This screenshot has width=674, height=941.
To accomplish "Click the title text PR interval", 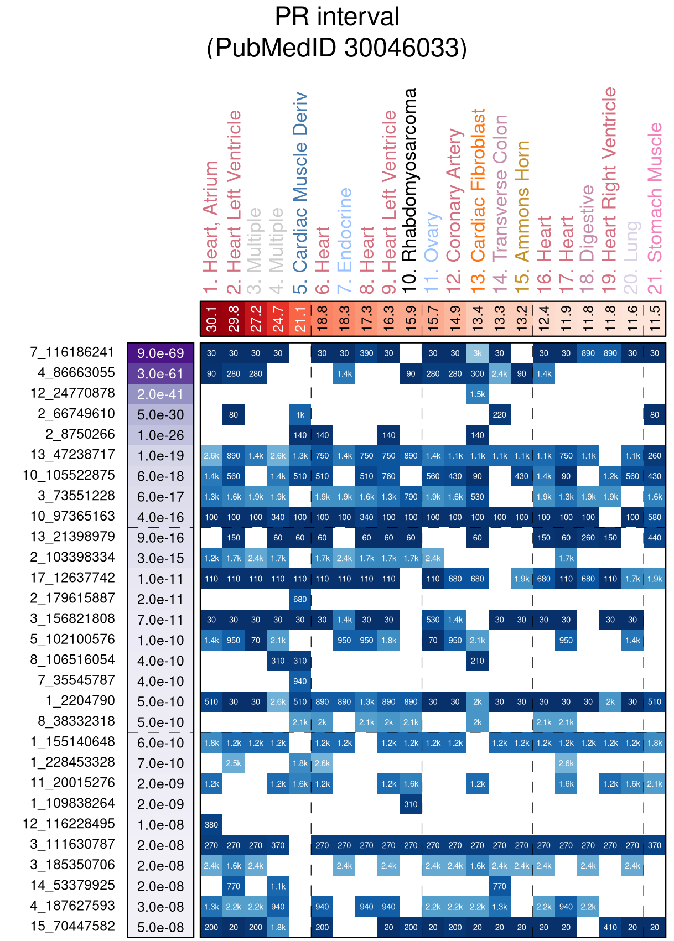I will pos(337,17).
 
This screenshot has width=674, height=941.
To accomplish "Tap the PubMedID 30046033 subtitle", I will pos(337,48).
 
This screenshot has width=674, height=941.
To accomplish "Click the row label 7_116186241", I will pos(72,352).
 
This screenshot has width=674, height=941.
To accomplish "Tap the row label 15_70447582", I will pos(72,926).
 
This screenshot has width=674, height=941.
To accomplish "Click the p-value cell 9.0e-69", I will pos(160,353).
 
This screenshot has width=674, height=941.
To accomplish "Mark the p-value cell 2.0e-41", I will pos(160,394).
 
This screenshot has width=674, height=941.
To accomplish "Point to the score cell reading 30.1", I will pos(211,319).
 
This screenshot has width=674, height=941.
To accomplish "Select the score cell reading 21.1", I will pos(300,319).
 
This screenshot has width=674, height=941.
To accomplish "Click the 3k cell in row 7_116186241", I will pos(478,353).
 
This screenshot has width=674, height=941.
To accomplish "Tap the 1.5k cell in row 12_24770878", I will pos(478,394).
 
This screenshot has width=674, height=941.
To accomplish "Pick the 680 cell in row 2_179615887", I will pos(300,599).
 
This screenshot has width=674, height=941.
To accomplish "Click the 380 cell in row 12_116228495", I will pos(211,825).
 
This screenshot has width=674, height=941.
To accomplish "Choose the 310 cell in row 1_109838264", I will pos(411,804).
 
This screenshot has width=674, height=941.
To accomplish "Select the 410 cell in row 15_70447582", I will pos(610,927).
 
